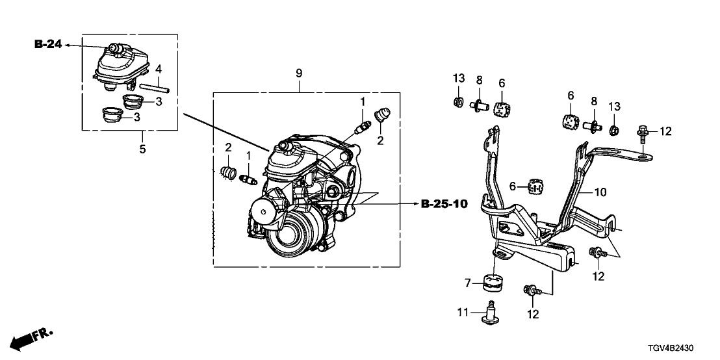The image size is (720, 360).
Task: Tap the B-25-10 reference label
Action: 444,204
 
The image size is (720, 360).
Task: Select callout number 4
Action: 158,69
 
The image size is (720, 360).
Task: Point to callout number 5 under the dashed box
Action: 142,149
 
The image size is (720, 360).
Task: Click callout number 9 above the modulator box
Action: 299,73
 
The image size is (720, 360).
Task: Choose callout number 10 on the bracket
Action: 600,192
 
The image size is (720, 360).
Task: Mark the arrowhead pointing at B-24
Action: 68,45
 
